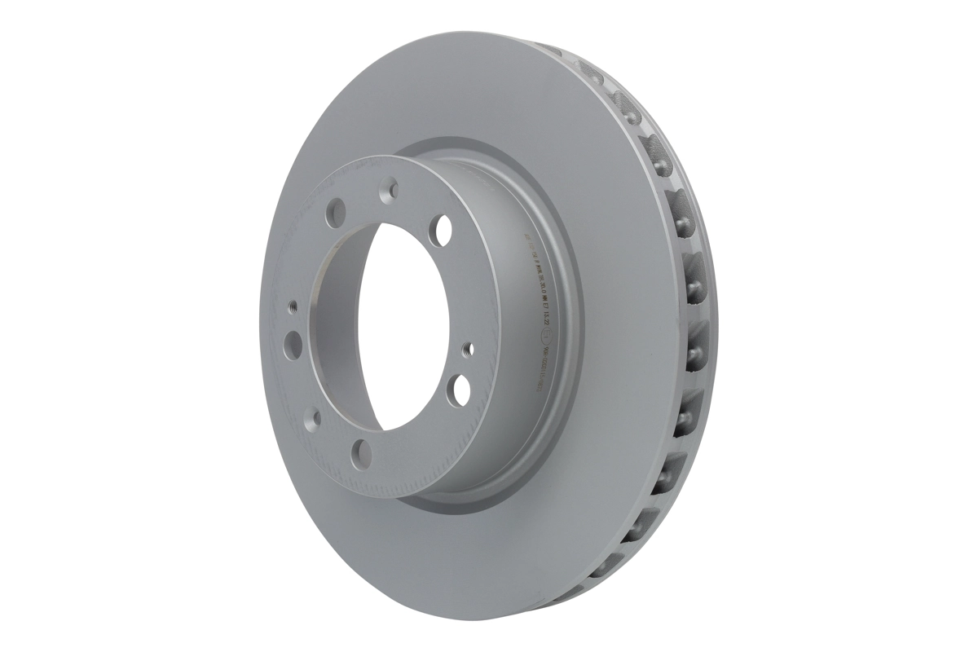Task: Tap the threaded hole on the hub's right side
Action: click(467, 350)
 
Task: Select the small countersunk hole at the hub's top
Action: click(393, 190)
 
